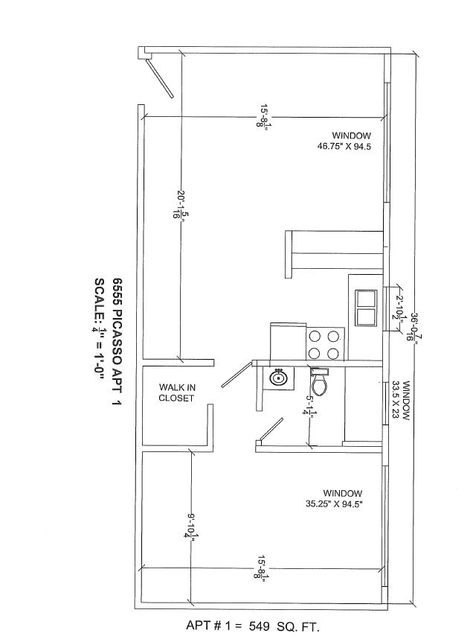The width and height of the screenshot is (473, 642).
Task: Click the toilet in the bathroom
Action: (319, 381)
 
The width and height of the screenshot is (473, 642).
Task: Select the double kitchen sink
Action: (365, 308)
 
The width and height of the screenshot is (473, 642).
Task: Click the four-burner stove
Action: (325, 344)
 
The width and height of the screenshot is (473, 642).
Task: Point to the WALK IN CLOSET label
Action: (176, 392)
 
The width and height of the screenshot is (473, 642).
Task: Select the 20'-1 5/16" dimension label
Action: (178, 204)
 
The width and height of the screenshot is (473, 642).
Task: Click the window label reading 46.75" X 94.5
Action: (344, 141)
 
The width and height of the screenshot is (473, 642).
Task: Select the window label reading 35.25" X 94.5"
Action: (335, 498)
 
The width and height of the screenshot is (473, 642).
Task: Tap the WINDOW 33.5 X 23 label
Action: (401, 401)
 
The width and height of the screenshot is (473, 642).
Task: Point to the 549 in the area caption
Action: (259, 626)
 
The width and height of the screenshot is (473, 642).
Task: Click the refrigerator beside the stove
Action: (288, 341)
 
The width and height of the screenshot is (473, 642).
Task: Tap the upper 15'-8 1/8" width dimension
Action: (263, 117)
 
